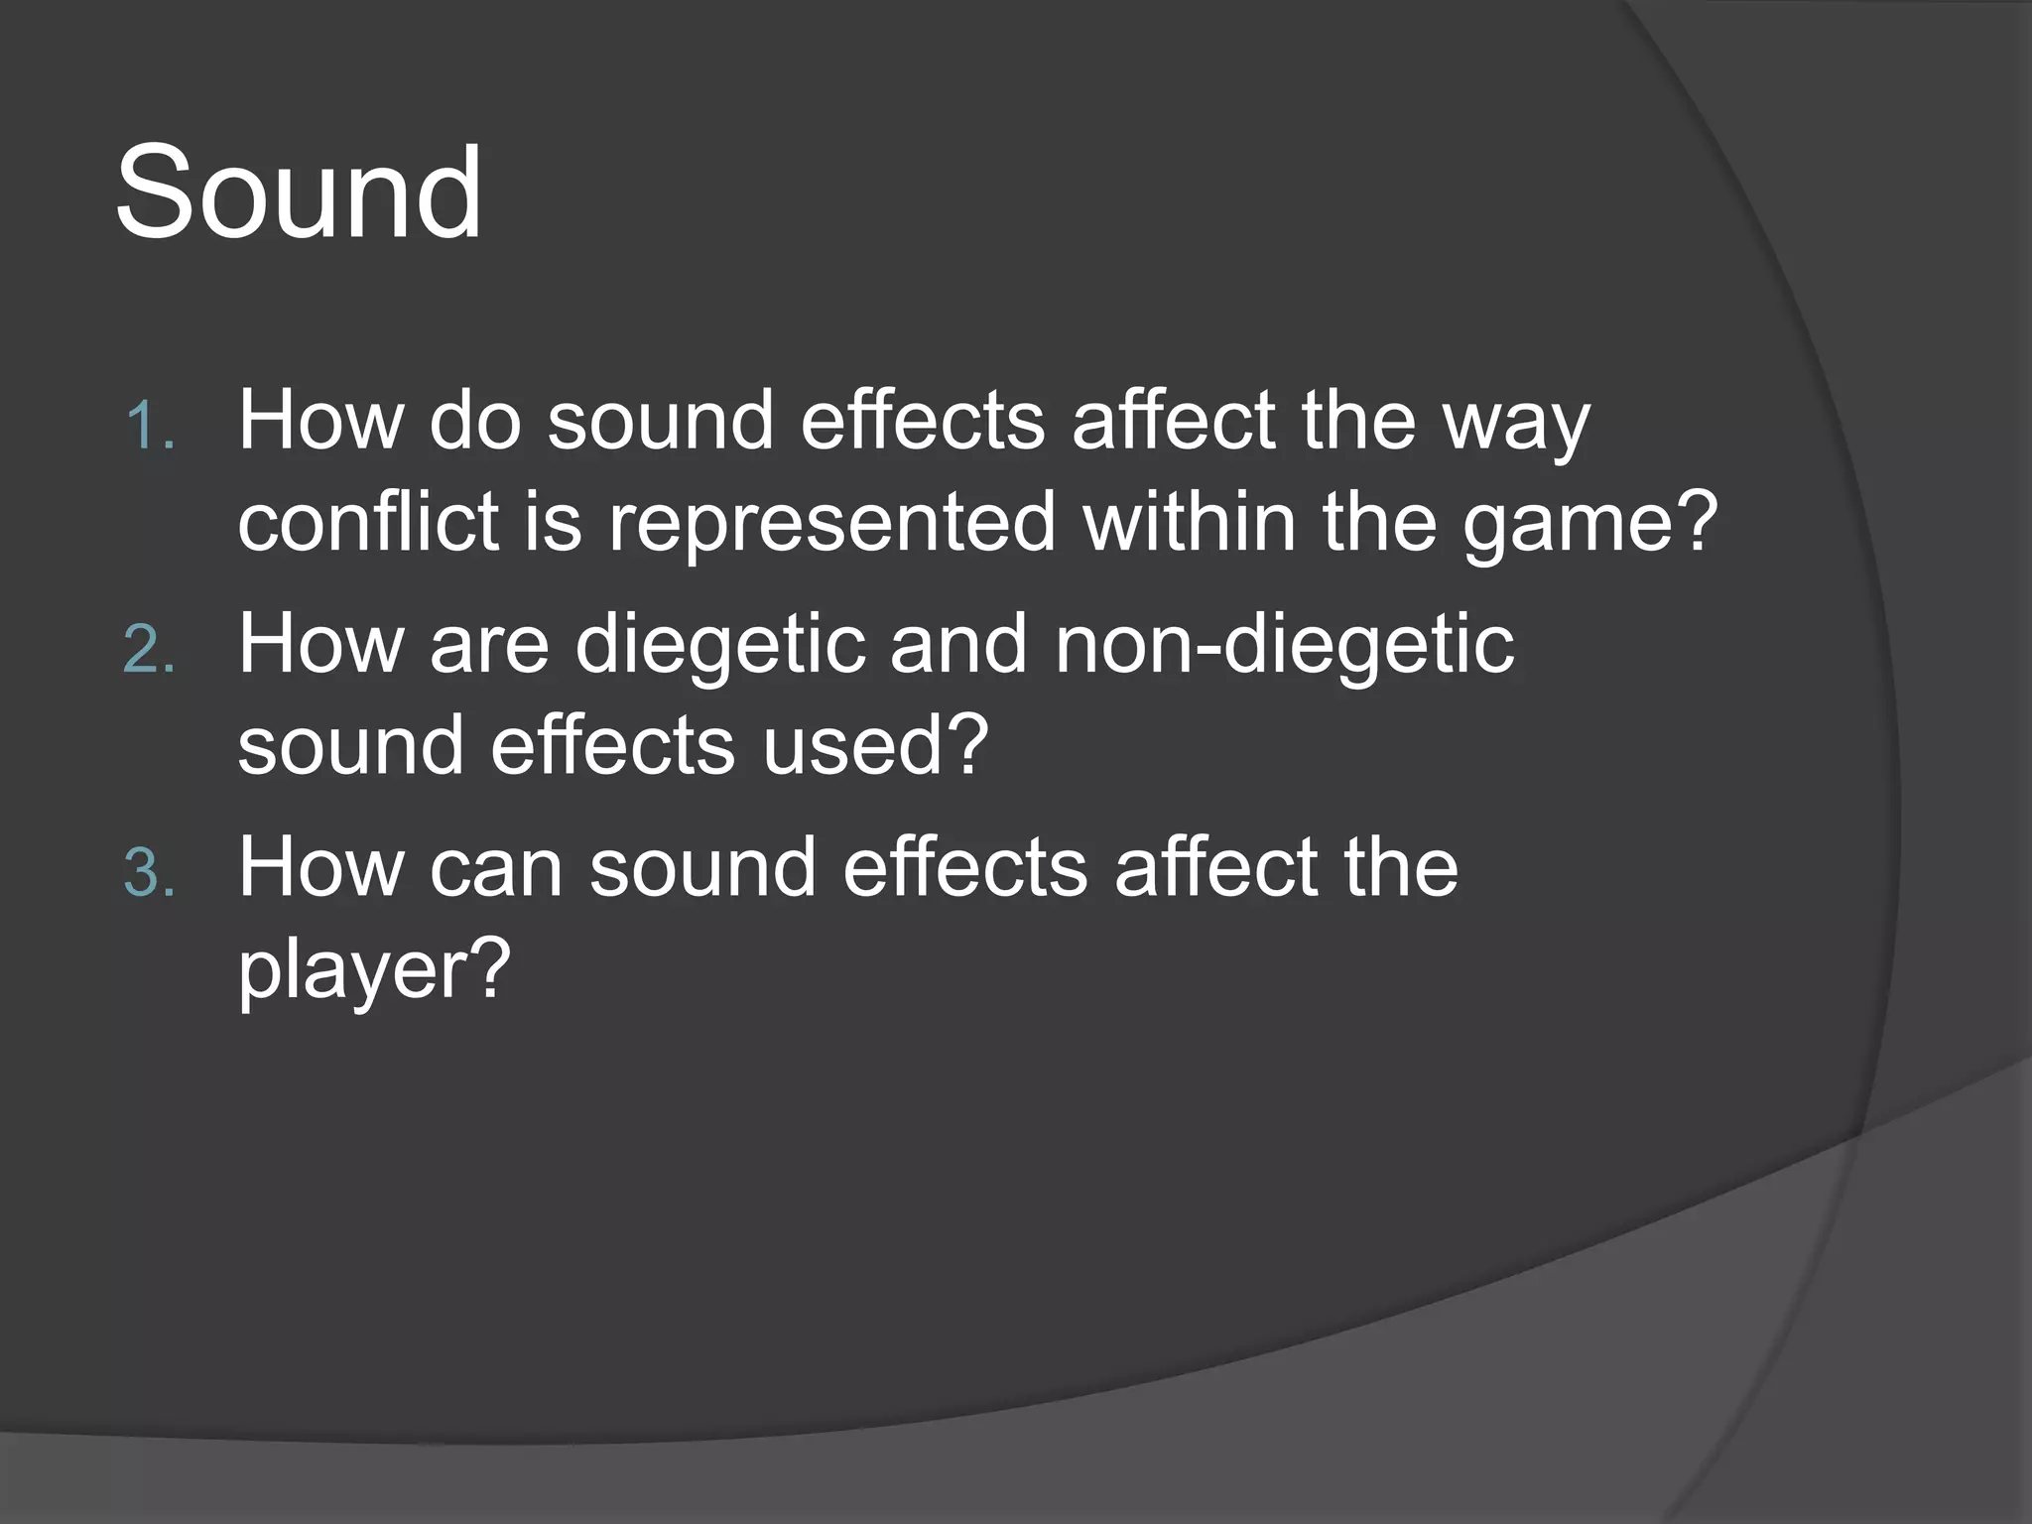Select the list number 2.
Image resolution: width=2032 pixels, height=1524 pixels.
tap(149, 650)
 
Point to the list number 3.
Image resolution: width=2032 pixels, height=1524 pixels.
tap(149, 874)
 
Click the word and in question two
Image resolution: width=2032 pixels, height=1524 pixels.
tap(958, 646)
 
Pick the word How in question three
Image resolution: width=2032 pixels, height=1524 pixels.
tap(319, 868)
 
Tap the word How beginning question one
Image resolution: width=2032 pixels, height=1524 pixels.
tap(319, 422)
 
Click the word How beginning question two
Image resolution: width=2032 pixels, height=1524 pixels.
tap(319, 646)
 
